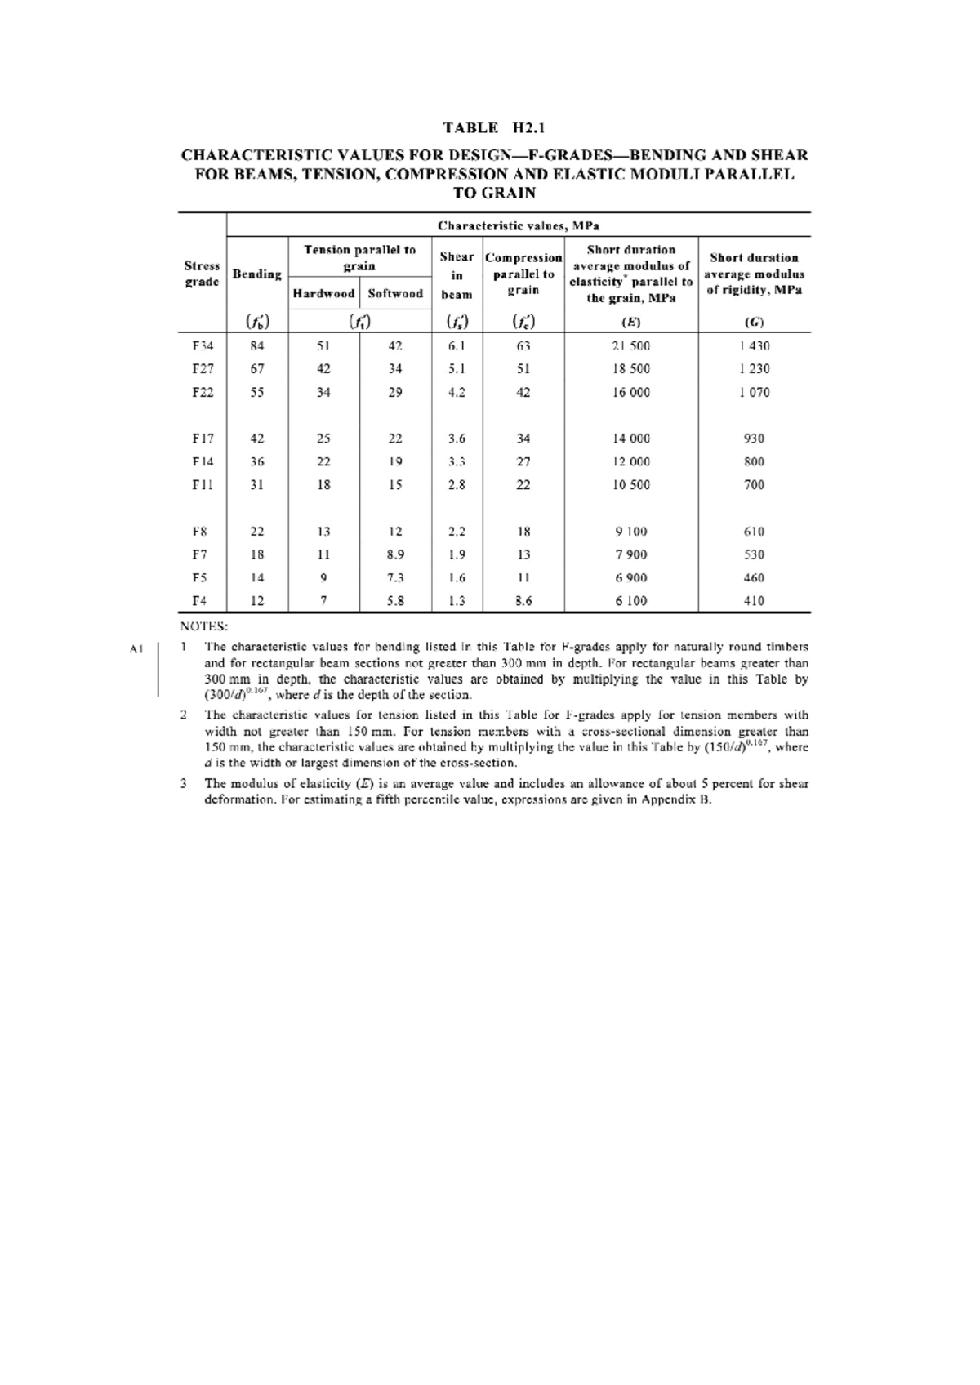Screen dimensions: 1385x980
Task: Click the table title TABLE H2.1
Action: [x=493, y=127]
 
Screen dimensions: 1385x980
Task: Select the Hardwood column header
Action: [x=323, y=293]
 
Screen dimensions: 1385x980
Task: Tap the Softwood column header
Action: [x=395, y=293]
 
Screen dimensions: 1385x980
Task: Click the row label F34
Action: [x=203, y=345]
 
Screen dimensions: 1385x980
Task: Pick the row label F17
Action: [x=203, y=439]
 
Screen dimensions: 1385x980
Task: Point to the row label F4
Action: [x=199, y=601]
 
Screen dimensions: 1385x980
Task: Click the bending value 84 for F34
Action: [x=257, y=345]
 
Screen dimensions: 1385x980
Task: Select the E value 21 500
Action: [x=631, y=345]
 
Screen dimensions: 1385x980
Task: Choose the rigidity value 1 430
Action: [x=754, y=345]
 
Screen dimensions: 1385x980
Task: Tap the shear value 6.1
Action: [x=457, y=345]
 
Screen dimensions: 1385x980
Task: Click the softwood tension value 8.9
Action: [x=395, y=554]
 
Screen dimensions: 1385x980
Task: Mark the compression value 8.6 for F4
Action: [x=523, y=601]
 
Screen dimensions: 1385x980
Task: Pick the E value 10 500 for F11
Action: [x=631, y=485]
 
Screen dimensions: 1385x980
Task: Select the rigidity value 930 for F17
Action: [x=754, y=439]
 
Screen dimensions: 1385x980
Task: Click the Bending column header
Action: [x=257, y=274]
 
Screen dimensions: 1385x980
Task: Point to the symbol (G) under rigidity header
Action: [x=754, y=322]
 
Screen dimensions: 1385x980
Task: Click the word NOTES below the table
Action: [x=203, y=627]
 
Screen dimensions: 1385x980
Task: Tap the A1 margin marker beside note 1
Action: [x=136, y=649]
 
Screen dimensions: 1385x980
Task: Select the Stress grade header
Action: [x=202, y=274]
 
